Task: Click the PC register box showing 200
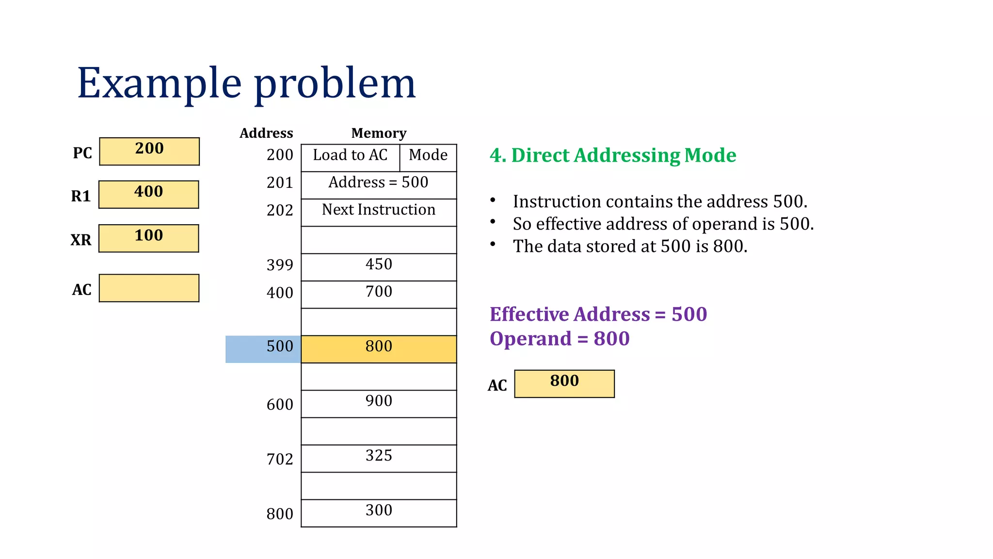149,151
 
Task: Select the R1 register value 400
149,195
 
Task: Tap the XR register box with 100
149,238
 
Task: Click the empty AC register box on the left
149,288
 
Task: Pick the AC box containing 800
564,384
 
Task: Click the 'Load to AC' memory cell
350,157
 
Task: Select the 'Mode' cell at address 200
428,157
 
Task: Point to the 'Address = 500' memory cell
379,185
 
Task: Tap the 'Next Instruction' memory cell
379,212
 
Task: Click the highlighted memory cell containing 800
379,349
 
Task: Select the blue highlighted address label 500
263,349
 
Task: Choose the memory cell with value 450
379,267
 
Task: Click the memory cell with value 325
379,458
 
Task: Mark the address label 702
280,459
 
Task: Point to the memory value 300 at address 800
379,513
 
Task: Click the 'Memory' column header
379,133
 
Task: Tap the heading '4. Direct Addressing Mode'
613,155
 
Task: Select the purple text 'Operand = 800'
560,338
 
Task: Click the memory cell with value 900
379,404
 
